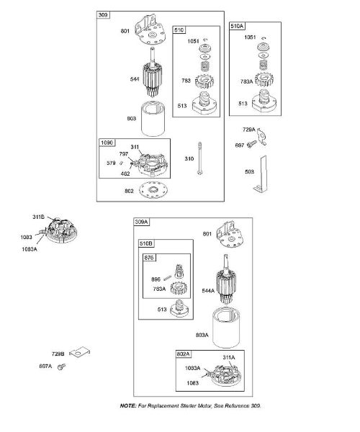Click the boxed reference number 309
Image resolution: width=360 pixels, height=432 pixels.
pos(103,15)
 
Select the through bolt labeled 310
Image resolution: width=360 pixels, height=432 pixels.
pos(200,158)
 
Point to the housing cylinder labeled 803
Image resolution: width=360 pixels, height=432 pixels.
pos(153,119)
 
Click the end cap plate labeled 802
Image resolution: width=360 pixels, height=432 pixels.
pos(153,190)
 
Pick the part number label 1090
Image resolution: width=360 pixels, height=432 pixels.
pos(107,143)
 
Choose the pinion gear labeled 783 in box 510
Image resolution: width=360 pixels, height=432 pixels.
pos(204,81)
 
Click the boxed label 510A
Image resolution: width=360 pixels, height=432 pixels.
pos(237,26)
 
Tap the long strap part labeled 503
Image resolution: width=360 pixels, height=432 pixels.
pos(261,174)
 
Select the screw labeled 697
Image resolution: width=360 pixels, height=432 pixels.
pos(252,144)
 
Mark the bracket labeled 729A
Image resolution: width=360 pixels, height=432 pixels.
pos(261,136)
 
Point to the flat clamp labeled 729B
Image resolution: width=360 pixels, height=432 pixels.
pos(80,352)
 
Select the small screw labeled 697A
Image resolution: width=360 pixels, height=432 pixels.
pos(61,366)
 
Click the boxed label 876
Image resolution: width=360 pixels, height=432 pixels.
pos(149,258)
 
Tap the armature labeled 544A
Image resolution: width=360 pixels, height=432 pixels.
pos(226,279)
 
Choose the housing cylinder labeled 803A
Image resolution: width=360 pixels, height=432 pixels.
pos(226,328)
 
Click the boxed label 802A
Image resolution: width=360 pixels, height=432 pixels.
pos(184,354)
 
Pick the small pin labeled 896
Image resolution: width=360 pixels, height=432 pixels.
pos(168,278)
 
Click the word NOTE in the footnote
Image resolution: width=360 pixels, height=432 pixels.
pos(128,406)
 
